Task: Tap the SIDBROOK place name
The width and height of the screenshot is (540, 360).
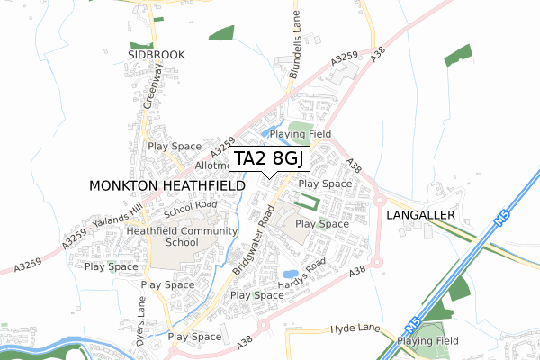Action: pyautogui.click(x=155, y=55)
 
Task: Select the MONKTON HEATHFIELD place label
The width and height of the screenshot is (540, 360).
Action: pyautogui.click(x=167, y=184)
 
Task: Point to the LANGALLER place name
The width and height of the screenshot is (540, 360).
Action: pyautogui.click(x=422, y=217)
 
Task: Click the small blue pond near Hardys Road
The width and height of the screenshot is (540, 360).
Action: pyautogui.click(x=290, y=274)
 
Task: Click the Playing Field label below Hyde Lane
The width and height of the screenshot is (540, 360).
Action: pyautogui.click(x=428, y=341)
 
